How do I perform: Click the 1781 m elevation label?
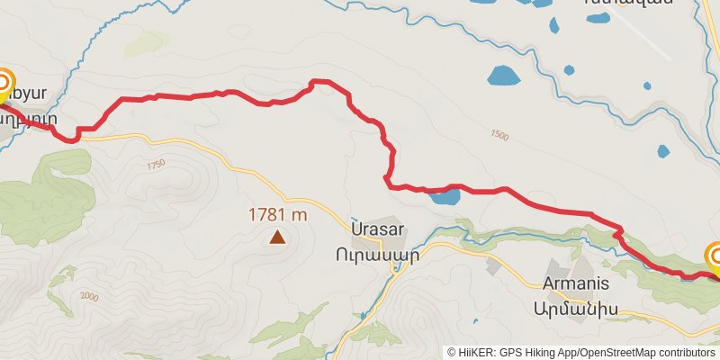tap(278, 215)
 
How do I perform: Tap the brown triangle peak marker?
tap(278, 238)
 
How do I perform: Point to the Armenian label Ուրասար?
tap(384, 254)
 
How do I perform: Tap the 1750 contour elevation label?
tap(156, 165)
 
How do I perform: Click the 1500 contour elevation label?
tap(499, 136)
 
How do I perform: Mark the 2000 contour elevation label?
tap(89, 297)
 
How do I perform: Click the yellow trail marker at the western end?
tap(3, 85)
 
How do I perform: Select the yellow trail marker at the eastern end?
tap(716, 259)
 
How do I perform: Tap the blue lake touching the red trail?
tap(442, 197)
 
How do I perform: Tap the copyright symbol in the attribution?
tap(453, 353)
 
